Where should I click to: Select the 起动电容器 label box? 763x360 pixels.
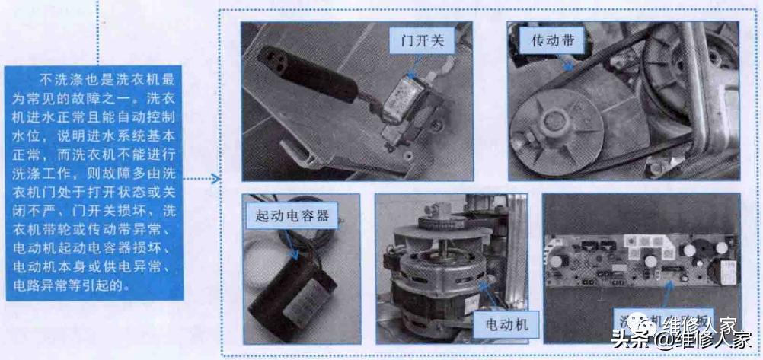(292, 216)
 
